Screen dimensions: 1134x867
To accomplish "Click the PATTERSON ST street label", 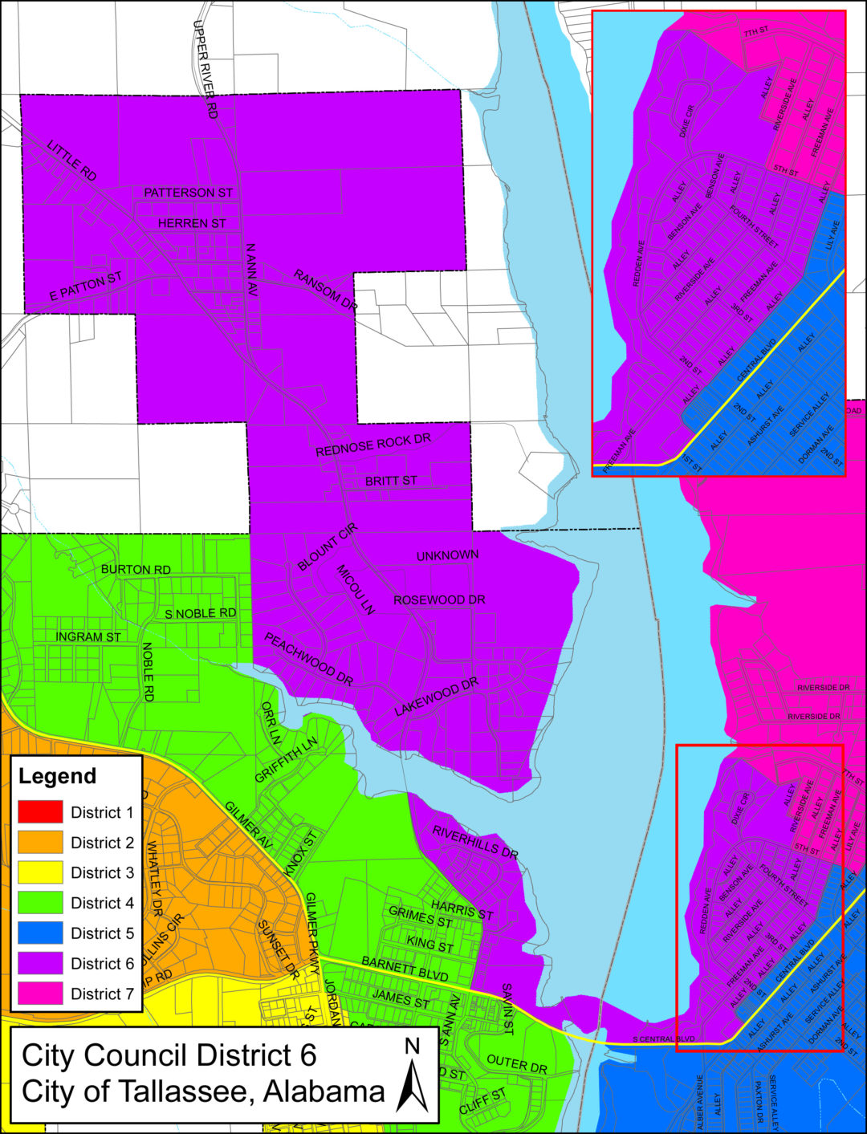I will coord(188,193).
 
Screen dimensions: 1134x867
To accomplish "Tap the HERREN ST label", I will coord(192,223).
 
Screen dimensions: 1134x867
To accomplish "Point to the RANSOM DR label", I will coord(325,290).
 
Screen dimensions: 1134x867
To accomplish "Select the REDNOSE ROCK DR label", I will coord(373,445).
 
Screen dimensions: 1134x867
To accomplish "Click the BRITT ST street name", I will coord(391,481).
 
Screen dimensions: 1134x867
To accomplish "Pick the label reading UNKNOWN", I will coord(447,555).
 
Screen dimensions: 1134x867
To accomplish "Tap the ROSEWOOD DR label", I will coord(439,600).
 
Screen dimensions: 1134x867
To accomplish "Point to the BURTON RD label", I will coord(136,569).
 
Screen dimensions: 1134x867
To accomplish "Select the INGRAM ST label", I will coord(88,637).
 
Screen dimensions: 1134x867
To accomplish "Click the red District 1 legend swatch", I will coord(40,812).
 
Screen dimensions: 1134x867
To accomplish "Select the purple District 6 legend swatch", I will coord(40,963).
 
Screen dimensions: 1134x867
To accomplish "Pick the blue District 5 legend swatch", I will coord(40,933).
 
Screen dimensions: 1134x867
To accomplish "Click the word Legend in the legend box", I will coord(57,776).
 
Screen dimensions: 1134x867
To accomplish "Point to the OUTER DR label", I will coord(516,1064).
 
